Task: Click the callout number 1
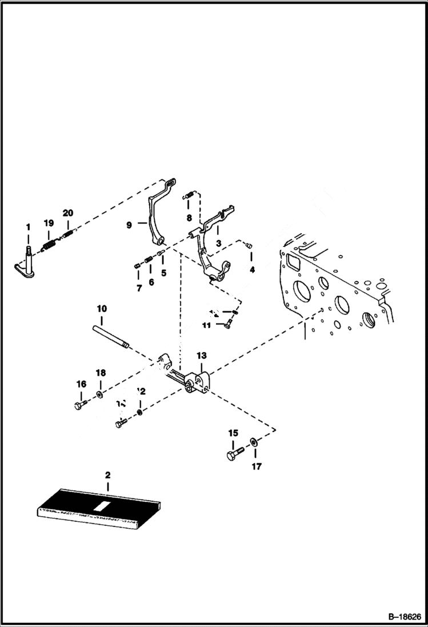(27, 228)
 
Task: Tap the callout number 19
(49, 223)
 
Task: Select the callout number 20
(68, 213)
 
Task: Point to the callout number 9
(129, 225)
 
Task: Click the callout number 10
(102, 309)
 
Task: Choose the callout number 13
(202, 356)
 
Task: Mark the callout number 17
(257, 466)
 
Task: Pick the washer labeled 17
(253, 442)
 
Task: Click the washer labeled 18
(100, 394)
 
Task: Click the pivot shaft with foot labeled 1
(26, 263)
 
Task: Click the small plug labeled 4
(250, 246)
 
